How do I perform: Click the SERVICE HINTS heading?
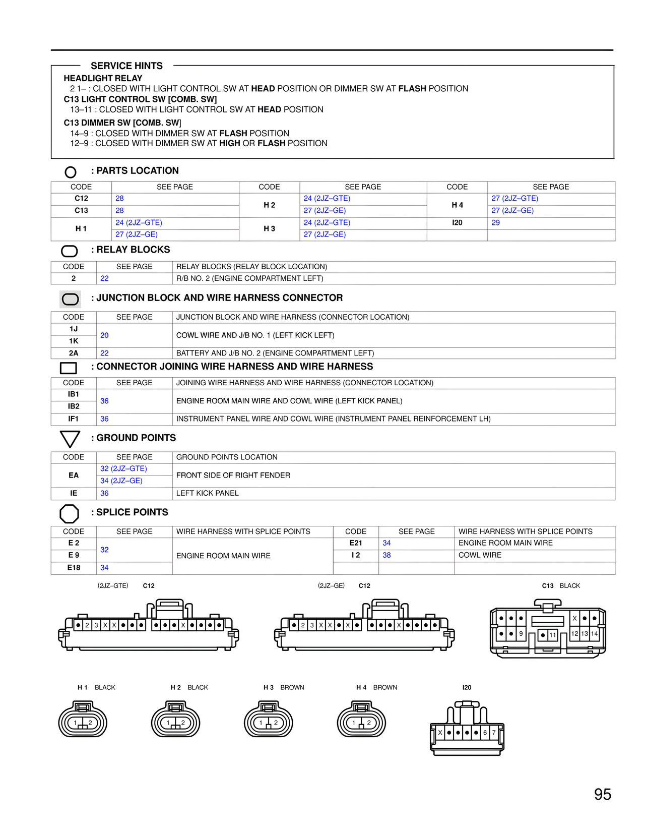pyautogui.click(x=126, y=66)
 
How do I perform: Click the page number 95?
pyautogui.click(x=602, y=795)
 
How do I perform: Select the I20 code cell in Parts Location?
pyautogui.click(x=457, y=223)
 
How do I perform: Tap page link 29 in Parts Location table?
pyautogui.click(x=496, y=223)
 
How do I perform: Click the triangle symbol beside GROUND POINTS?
pyautogui.click(x=70, y=439)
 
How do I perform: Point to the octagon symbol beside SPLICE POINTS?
pyautogui.click(x=70, y=514)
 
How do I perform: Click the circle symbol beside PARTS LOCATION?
pyautogui.click(x=71, y=172)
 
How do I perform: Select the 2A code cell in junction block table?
pyautogui.click(x=74, y=353)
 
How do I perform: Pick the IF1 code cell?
pyautogui.click(x=74, y=419)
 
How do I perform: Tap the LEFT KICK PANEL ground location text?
pyautogui.click(x=208, y=493)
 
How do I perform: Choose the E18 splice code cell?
pyautogui.click(x=74, y=568)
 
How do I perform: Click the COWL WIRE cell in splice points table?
pyautogui.click(x=480, y=555)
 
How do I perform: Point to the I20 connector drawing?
pyautogui.click(x=467, y=729)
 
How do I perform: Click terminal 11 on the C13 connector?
pyautogui.click(x=553, y=635)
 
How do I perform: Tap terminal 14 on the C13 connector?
pyautogui.click(x=595, y=634)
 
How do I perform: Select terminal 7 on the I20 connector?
pyautogui.click(x=494, y=733)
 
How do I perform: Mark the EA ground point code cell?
pyautogui.click(x=74, y=475)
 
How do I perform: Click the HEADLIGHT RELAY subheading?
pyautogui.click(x=103, y=79)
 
